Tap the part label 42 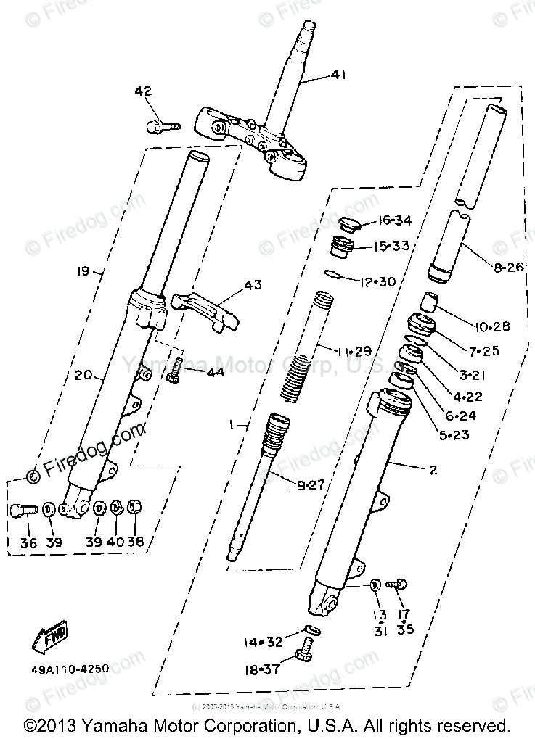point(143,91)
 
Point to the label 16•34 point(393,220)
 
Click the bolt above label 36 point(24,510)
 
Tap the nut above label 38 point(135,508)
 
